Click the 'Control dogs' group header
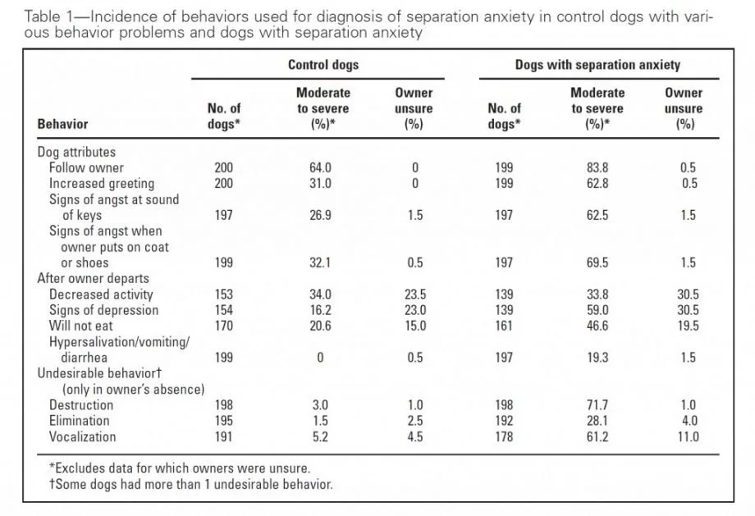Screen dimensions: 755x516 point(323,65)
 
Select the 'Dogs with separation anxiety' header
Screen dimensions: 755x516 point(597,65)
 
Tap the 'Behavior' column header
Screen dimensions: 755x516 point(62,124)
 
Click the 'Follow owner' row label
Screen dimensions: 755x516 point(86,167)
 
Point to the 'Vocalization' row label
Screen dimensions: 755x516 point(82,436)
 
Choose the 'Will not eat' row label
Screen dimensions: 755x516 point(80,326)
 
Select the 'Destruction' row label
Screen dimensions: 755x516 point(81,405)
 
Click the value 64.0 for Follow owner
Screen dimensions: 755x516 point(320,167)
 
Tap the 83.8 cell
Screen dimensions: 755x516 point(597,167)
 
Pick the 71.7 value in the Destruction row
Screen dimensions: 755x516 point(597,405)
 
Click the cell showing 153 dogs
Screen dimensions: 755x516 point(223,295)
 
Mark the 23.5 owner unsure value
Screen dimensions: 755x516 point(415,295)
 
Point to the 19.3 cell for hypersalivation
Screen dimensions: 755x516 point(597,358)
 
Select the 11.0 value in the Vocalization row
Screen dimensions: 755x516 point(688,436)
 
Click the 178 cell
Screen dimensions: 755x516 point(504,436)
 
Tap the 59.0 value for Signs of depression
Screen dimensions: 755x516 point(597,310)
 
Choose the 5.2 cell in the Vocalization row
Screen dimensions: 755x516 point(320,436)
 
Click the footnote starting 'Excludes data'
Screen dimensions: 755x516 point(180,468)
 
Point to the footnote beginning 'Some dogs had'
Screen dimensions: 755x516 point(190,484)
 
